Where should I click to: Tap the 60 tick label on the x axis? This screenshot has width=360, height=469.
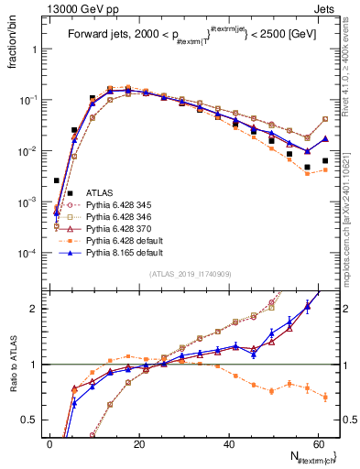316,443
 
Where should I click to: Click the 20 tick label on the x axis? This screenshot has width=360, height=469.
138,443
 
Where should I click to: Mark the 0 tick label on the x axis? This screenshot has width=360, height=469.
49,443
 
